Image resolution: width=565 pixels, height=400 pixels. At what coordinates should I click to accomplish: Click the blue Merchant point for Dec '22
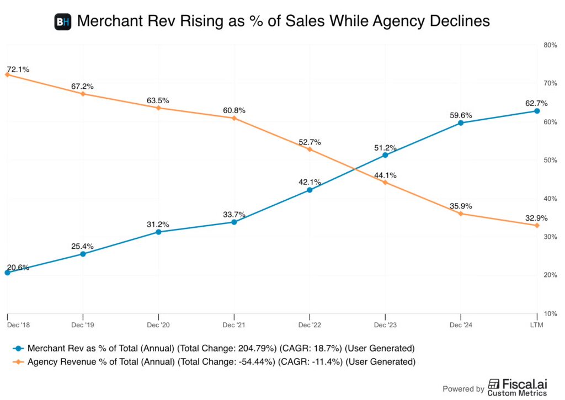[310, 190]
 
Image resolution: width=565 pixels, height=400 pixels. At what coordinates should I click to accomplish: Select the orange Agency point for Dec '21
[234, 118]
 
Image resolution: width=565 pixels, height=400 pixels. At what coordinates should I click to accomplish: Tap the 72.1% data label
[18, 70]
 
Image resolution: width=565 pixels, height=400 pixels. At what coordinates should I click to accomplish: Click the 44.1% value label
[386, 175]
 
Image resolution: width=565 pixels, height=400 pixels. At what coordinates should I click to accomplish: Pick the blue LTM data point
[537, 111]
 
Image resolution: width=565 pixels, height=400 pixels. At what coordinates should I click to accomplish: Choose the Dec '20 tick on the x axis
[158, 325]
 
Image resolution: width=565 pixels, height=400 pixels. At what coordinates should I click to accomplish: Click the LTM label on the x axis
[536, 325]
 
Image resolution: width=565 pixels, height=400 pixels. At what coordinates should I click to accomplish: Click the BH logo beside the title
[63, 22]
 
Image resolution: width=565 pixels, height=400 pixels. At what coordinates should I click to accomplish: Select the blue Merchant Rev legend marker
[19, 348]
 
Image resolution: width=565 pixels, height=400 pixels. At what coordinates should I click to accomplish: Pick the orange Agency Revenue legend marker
[19, 361]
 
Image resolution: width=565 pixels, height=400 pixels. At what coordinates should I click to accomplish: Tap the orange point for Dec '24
[461, 214]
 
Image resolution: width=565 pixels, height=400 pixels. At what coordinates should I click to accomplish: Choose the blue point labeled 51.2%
[385, 155]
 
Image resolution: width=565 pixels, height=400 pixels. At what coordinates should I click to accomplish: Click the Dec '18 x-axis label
[18, 325]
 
